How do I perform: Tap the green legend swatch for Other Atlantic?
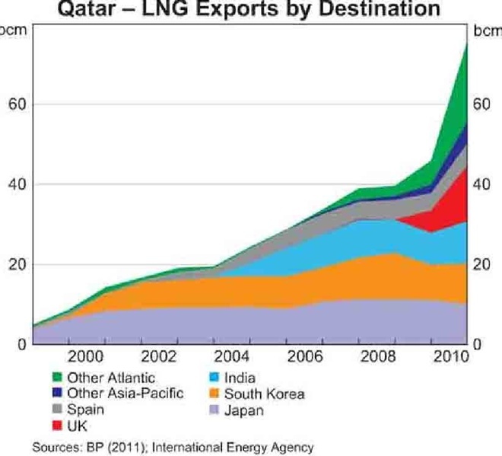(x=56, y=377)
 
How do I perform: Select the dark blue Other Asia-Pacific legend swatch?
(x=56, y=394)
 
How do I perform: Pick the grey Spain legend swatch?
(x=56, y=410)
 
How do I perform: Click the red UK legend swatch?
(x=56, y=426)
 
